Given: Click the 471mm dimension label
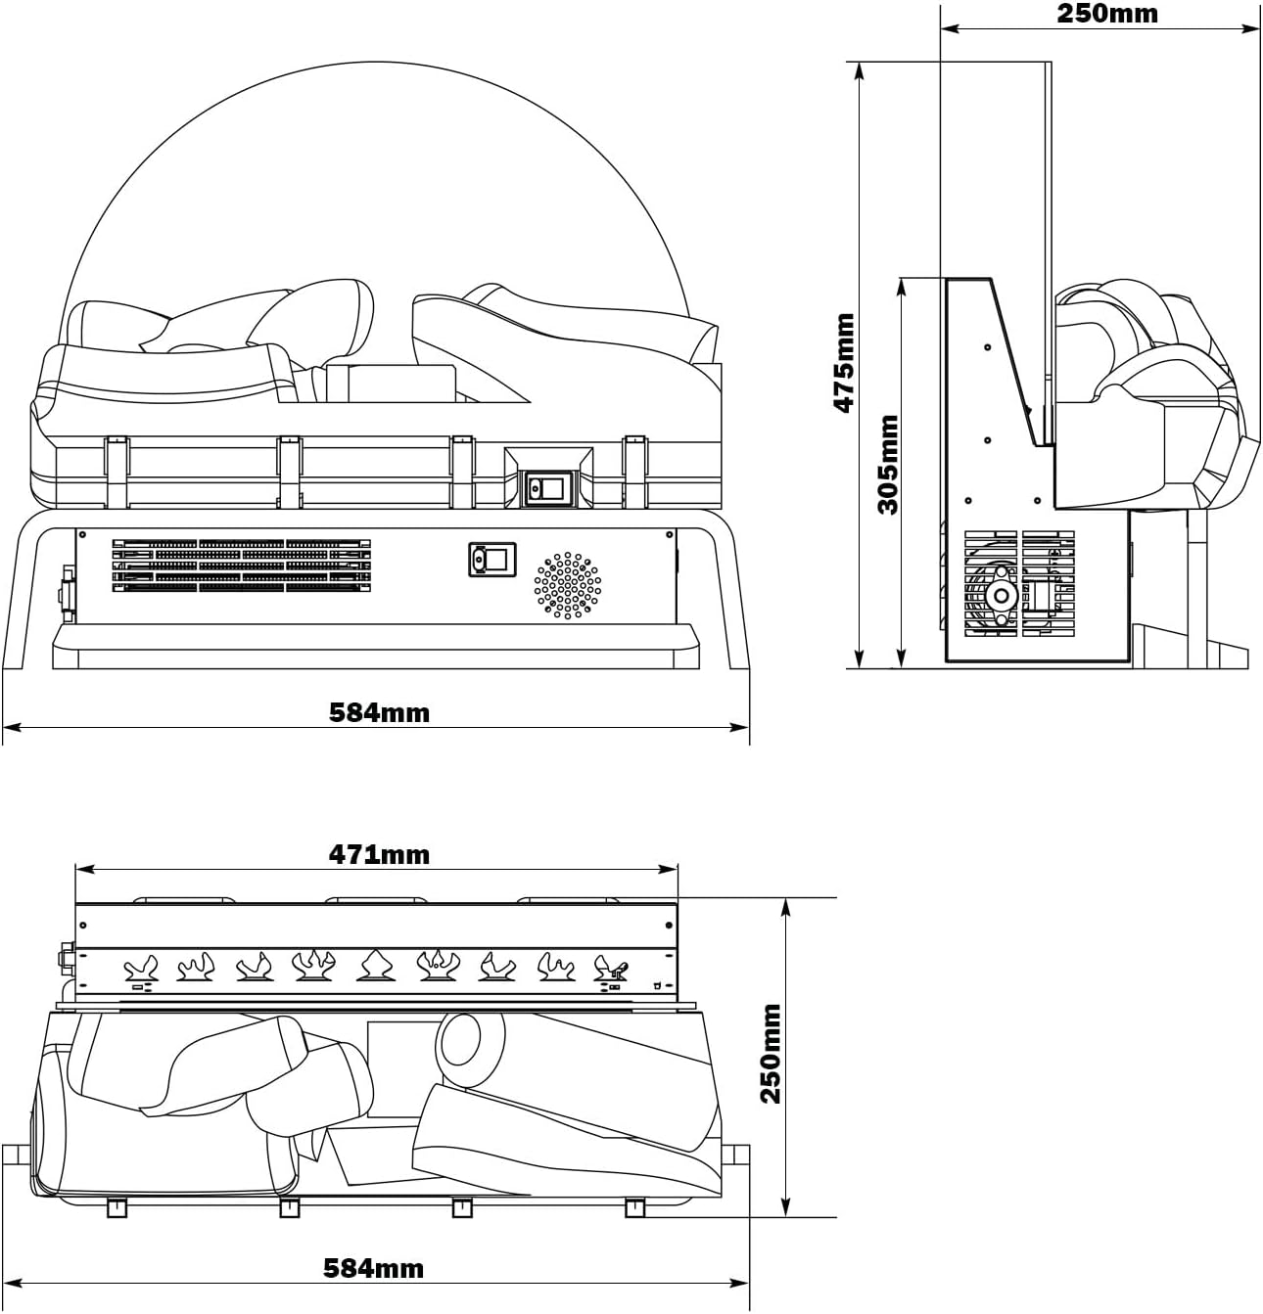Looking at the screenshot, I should (378, 855).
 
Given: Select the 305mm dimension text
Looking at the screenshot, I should (888, 464).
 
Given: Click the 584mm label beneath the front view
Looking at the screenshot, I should (379, 712).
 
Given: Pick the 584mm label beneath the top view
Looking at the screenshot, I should (374, 1269).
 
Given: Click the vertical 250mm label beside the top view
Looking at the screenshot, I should (772, 1053).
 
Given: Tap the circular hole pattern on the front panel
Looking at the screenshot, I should (568, 585).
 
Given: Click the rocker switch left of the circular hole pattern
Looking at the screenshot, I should (491, 560).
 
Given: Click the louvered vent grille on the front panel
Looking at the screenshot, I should (241, 566).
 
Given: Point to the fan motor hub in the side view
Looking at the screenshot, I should (1001, 595).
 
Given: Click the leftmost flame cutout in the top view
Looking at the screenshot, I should (140, 970).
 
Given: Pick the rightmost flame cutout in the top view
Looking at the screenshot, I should (612, 970).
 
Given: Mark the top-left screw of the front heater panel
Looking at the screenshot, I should (83, 535).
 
